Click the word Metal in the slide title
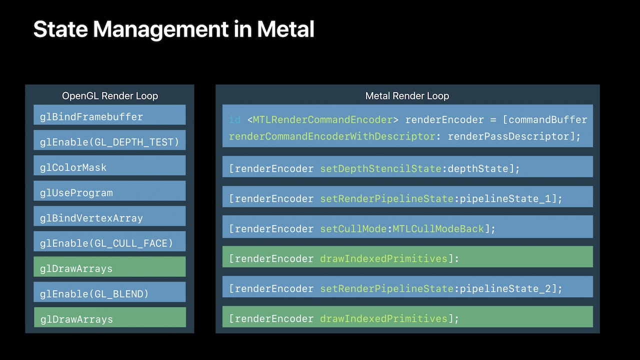(x=285, y=29)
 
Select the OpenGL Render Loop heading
(x=109, y=96)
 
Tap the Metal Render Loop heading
(x=407, y=96)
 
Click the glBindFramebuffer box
(x=109, y=116)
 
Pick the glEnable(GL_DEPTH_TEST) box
(x=109, y=142)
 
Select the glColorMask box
(x=109, y=167)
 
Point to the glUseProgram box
(x=109, y=192)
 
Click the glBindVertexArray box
(x=109, y=218)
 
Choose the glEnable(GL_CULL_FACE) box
(x=109, y=243)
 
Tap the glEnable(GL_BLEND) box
(x=109, y=294)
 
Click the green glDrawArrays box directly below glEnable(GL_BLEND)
(x=109, y=319)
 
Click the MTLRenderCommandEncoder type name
(x=322, y=120)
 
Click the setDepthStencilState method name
(x=380, y=169)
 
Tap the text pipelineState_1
(x=505, y=199)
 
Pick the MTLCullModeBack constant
(x=438, y=229)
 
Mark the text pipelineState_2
(x=505, y=289)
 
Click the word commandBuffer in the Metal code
(x=547, y=120)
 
